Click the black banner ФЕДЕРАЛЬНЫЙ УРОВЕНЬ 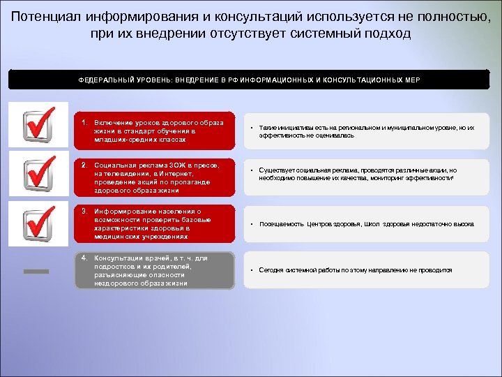pos(249,80)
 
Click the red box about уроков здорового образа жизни pos(155,131)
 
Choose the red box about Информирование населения pos(155,223)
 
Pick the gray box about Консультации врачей pos(155,270)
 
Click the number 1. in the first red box pos(84,123)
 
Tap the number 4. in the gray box pos(84,258)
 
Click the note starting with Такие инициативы pos(366,132)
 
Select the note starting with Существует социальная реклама pos(363,174)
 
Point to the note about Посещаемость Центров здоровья pos(366,224)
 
